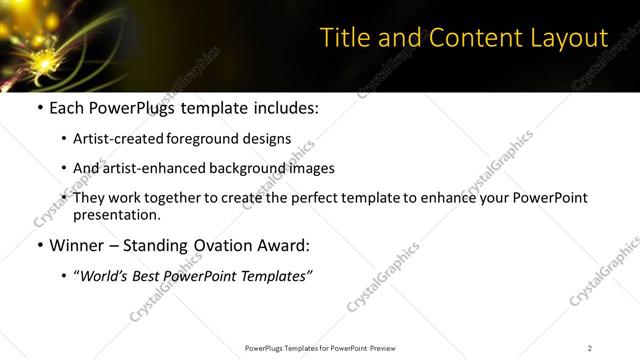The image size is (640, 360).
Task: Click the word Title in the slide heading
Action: (343, 38)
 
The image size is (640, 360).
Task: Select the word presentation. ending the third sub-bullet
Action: (117, 214)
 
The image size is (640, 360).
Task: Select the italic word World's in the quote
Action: (107, 276)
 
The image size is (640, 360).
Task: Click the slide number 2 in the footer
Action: (589, 348)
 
